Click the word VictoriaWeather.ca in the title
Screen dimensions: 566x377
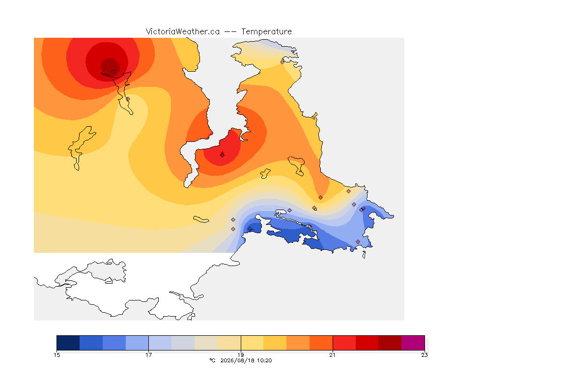[183, 32]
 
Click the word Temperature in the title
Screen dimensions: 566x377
[266, 32]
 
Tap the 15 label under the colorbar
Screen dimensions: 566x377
[57, 355]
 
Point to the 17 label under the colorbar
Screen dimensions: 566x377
[149, 355]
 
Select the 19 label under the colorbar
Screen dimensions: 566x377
[240, 355]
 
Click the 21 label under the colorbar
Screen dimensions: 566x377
[332, 355]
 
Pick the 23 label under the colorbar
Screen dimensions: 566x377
[424, 355]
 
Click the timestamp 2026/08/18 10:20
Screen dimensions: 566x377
[246, 360]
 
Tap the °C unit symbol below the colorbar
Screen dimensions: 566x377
[212, 360]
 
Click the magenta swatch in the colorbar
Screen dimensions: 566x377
[413, 343]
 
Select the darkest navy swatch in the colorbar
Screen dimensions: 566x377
[68, 343]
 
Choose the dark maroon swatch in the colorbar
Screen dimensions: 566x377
[390, 343]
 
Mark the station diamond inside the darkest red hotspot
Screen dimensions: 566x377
[113, 72]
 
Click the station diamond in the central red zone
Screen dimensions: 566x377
[223, 155]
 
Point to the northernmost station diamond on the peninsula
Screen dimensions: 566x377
[283, 62]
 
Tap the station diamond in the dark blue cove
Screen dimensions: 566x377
[250, 229]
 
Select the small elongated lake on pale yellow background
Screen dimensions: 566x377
[201, 219]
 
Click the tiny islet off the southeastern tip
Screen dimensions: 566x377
[364, 255]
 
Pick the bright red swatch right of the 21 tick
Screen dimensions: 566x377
[344, 343]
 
